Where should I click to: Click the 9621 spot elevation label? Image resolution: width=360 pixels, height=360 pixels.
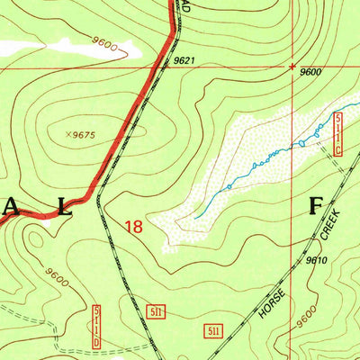coord(184,61)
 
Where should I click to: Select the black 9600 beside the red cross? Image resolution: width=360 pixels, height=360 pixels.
coord(310,72)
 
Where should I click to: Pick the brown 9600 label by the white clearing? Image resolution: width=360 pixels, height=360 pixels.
coord(104,43)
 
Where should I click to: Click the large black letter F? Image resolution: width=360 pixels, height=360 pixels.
coord(316,204)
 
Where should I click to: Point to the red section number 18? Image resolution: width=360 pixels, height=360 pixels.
coord(133,228)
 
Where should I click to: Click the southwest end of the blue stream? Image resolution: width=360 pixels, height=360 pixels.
coord(195,216)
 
